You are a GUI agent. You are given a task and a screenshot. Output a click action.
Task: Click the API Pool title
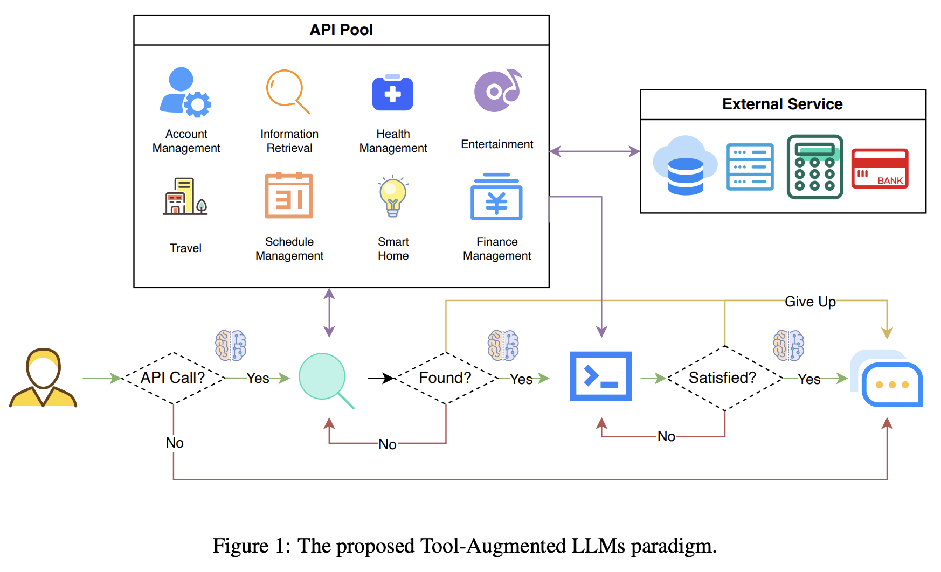(341, 30)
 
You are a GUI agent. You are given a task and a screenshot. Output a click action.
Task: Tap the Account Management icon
(185, 92)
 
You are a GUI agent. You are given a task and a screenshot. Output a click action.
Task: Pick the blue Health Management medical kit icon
(393, 93)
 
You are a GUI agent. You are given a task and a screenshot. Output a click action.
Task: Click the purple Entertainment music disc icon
(497, 90)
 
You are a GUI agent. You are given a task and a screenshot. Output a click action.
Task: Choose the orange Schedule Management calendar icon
(289, 196)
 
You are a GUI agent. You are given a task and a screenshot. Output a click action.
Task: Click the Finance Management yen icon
(496, 197)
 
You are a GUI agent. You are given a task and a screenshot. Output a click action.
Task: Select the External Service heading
(782, 104)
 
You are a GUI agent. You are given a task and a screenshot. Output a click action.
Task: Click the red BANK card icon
(880, 169)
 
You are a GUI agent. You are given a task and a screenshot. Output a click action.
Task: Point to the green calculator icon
(814, 167)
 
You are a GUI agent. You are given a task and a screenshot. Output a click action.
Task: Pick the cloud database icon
(684, 165)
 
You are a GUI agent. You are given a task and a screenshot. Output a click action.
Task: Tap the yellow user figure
(43, 378)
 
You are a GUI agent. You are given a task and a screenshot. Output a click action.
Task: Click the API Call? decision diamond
(173, 378)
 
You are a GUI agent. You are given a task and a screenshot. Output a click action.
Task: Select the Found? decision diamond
(446, 378)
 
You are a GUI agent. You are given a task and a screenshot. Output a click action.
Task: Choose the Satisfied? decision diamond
(724, 378)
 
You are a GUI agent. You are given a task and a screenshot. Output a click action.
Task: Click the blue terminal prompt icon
(601, 376)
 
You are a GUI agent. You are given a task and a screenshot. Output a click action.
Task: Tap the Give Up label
(810, 302)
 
